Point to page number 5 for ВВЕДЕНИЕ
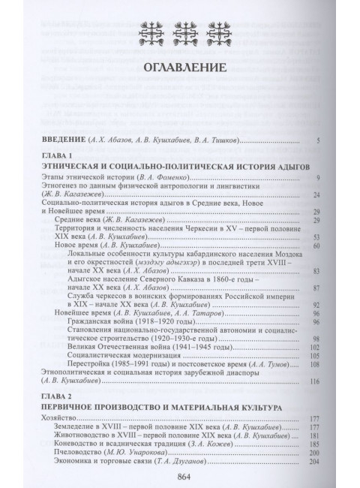(319, 140)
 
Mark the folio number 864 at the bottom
(180, 476)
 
